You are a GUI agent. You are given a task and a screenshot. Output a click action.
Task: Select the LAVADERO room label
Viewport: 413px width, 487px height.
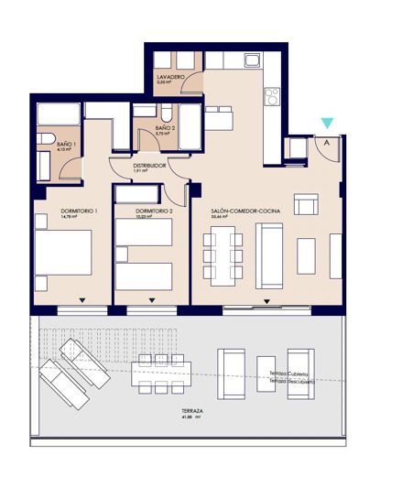tap(171, 77)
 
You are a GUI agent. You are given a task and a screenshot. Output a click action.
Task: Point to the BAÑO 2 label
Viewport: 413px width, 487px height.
tap(164, 128)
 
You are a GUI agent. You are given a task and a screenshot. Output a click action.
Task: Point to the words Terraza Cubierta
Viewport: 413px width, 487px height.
tap(289, 374)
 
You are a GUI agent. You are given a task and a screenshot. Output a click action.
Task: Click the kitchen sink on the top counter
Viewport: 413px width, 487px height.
tap(254, 61)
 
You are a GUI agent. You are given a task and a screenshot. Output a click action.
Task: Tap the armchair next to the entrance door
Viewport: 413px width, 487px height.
tap(299, 147)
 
